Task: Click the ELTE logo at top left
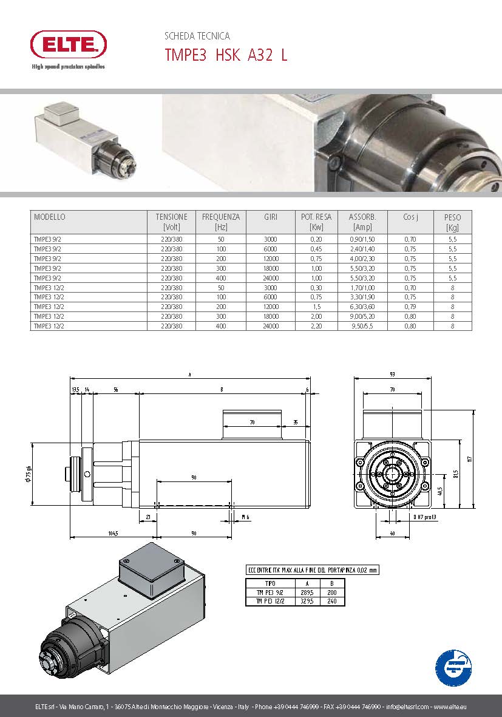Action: pos(68,45)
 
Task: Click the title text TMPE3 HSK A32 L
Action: pos(226,55)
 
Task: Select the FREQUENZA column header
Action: pos(220,222)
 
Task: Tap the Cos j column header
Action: pos(410,217)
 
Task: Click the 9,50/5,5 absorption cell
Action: pos(363,326)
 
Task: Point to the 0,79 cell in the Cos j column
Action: pos(410,307)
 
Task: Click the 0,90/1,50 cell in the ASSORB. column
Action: pos(363,239)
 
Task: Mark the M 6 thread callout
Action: pos(245,517)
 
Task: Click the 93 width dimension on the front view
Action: pos(392,374)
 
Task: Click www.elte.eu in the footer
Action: pos(450,707)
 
